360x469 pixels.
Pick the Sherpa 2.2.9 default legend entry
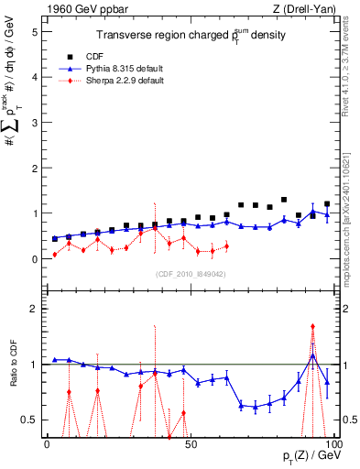coord(122,81)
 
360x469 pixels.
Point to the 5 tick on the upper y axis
coord(34,31)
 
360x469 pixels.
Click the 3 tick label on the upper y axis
coord(34,123)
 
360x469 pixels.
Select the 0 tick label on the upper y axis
coord(34,259)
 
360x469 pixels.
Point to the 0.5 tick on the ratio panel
coord(30,420)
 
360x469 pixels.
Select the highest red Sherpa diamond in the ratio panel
coord(313,326)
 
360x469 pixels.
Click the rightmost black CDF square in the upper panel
coord(327,204)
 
